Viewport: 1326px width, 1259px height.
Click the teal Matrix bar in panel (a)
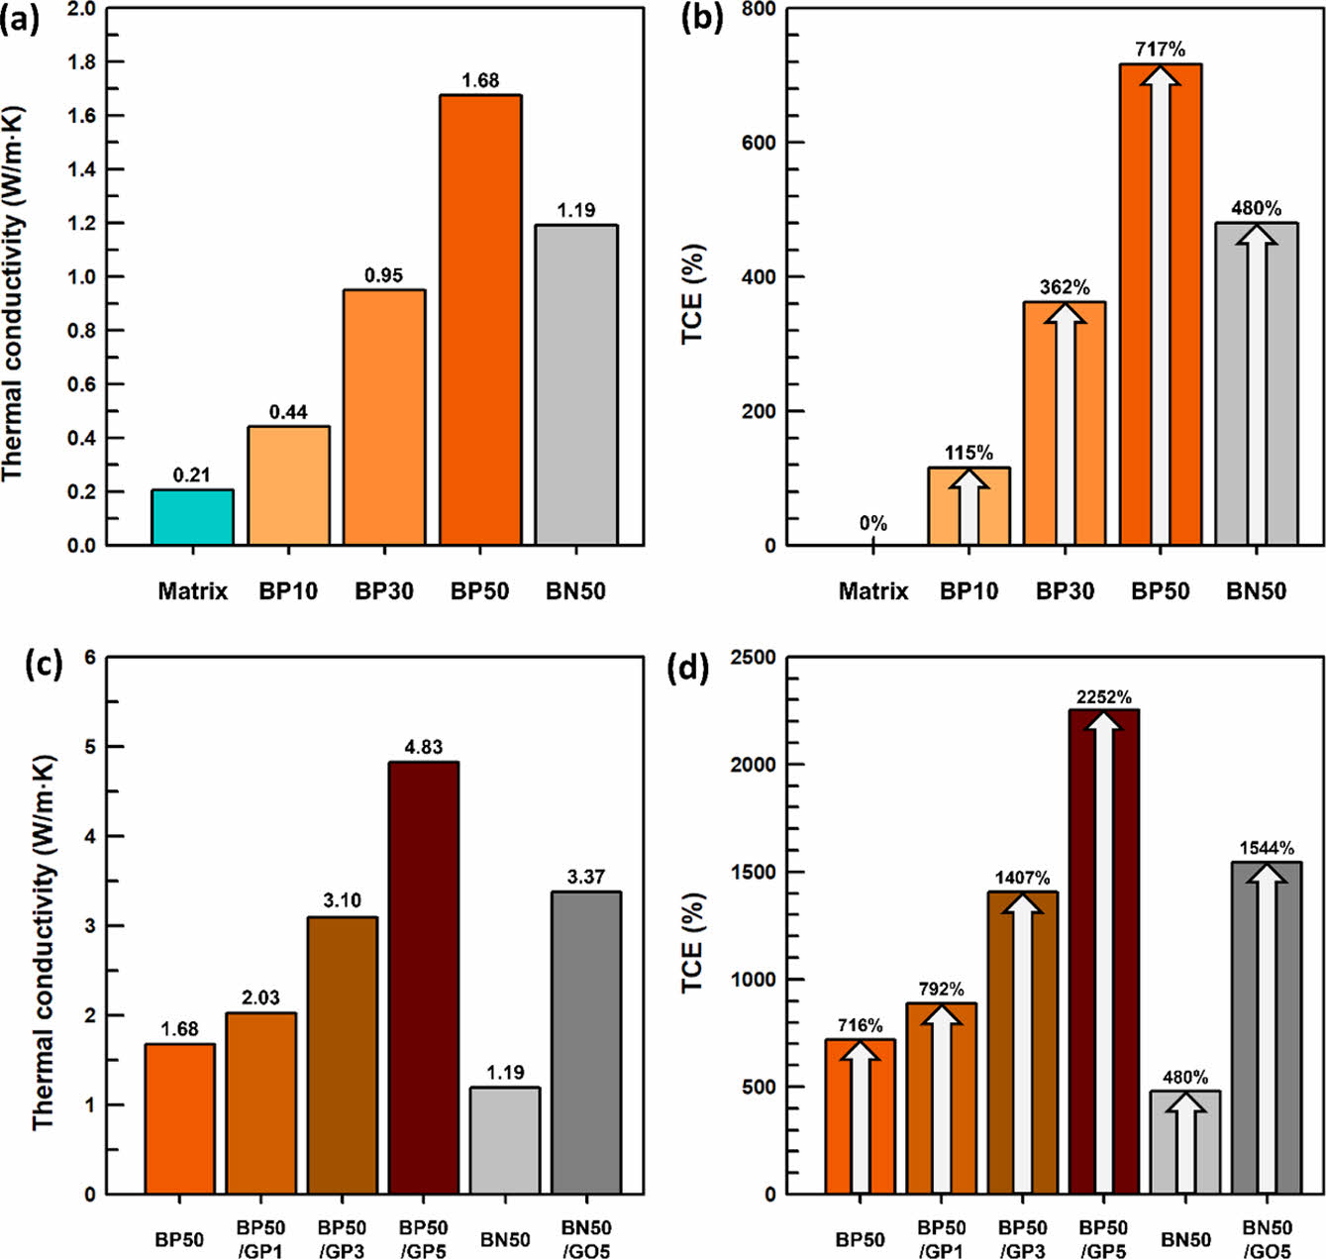click(192, 517)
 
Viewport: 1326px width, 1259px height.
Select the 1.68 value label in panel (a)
click(480, 80)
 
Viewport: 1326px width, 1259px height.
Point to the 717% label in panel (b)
click(1160, 49)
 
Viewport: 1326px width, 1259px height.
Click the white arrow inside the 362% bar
click(1065, 426)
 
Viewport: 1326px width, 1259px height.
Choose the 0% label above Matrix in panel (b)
click(873, 523)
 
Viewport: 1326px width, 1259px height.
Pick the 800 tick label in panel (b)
click(759, 9)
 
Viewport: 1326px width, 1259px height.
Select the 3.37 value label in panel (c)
click(586, 877)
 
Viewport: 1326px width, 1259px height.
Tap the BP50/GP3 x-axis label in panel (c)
click(343, 1239)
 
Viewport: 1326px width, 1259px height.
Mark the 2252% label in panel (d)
click(1104, 697)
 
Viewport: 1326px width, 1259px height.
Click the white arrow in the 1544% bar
click(1267, 1030)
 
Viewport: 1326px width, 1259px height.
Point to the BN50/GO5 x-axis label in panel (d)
click(1268, 1239)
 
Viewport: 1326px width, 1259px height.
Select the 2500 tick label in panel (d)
click(753, 658)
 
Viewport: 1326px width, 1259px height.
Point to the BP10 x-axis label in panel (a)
click(288, 591)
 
